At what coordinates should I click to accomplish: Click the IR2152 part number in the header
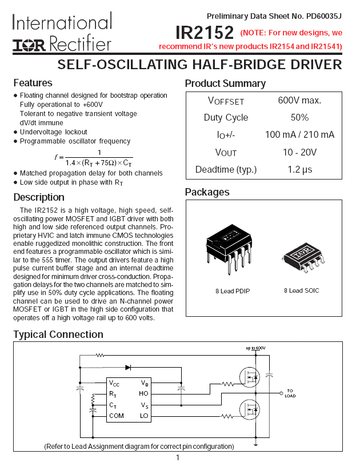(x=204, y=32)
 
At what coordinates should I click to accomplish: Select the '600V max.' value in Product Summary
(x=299, y=101)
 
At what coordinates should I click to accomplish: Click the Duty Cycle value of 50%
(x=299, y=118)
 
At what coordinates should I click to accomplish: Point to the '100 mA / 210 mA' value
(x=299, y=135)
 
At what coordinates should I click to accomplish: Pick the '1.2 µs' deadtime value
(x=299, y=170)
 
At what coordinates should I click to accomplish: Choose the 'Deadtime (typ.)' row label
(x=226, y=170)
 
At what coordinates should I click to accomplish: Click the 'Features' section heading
(x=33, y=83)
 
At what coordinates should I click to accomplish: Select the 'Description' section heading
(x=39, y=198)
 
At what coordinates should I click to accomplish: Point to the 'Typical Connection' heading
(x=58, y=334)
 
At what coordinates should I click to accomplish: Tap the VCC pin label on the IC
(x=114, y=383)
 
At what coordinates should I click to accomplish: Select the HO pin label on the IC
(x=143, y=393)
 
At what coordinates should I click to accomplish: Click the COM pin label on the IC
(x=116, y=416)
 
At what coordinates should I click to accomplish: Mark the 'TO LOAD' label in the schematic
(x=290, y=393)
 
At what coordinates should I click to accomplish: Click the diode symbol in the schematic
(x=128, y=368)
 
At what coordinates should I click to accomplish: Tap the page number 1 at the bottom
(x=178, y=457)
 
